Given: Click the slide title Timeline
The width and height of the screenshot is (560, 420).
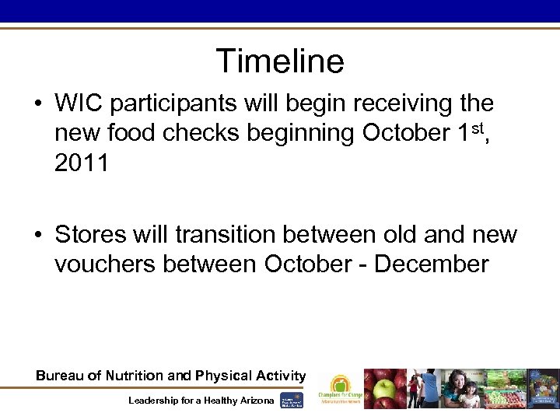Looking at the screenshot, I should [x=280, y=61].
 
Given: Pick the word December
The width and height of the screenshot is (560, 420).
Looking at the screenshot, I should [x=432, y=264].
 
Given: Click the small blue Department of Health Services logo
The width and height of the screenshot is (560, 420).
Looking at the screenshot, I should [x=292, y=399].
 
